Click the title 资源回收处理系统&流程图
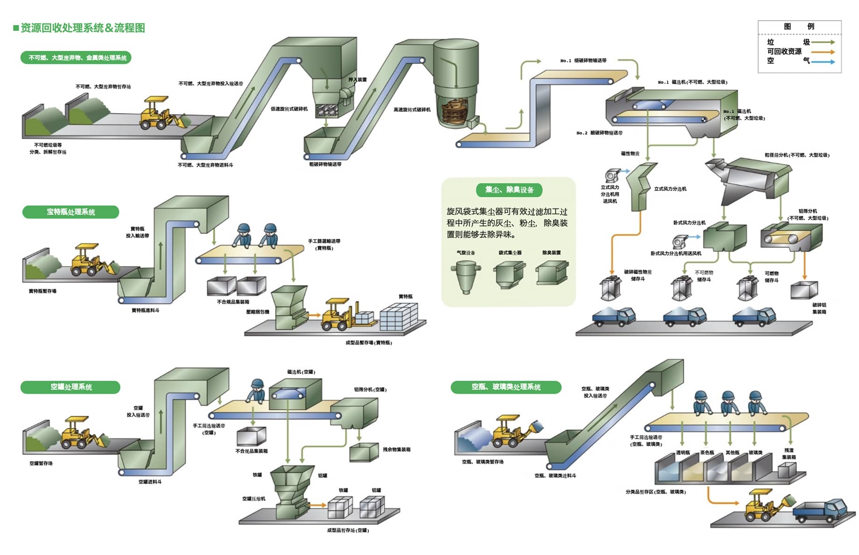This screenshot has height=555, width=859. coord(83,28)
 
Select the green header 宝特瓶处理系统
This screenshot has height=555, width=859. coord(70,212)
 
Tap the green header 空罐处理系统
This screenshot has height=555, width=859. coord(70,387)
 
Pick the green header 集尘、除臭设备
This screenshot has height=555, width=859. coord(509,190)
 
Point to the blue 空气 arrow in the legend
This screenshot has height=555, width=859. coord(823,61)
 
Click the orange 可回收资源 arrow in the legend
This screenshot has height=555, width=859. coord(823,52)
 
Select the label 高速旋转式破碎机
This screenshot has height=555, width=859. coord(412,110)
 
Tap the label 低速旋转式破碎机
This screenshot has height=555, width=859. coord(289,109)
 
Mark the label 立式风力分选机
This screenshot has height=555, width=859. coord(670,189)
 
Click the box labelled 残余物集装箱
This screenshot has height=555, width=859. coord(364,451)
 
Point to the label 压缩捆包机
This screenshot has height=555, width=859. coord(258,312)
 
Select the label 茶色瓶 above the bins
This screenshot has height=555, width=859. coord(707,453)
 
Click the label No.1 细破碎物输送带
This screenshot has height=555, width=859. coord(584,61)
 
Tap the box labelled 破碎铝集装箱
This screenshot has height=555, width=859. coord(804,290)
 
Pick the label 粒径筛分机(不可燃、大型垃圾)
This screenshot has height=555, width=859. coord(797,155)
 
